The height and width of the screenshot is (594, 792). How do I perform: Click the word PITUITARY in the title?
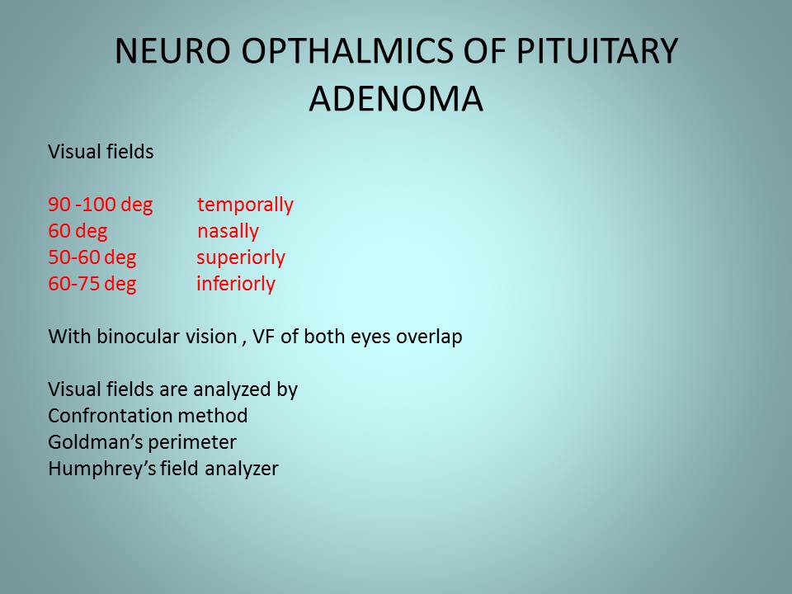coord(597,51)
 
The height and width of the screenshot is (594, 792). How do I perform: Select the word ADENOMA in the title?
coord(396,98)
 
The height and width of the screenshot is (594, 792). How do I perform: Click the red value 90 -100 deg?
coord(101,205)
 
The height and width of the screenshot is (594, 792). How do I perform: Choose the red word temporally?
coord(245,205)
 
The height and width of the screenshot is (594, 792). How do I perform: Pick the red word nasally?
coord(228,231)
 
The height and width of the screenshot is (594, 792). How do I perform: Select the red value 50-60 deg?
coord(92,257)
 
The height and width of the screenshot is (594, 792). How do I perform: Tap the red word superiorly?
coord(241,257)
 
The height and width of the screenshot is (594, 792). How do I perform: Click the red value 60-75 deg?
coord(92,284)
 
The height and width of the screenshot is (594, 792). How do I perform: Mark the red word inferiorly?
coord(236,284)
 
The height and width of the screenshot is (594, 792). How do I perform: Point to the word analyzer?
coord(242,469)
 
